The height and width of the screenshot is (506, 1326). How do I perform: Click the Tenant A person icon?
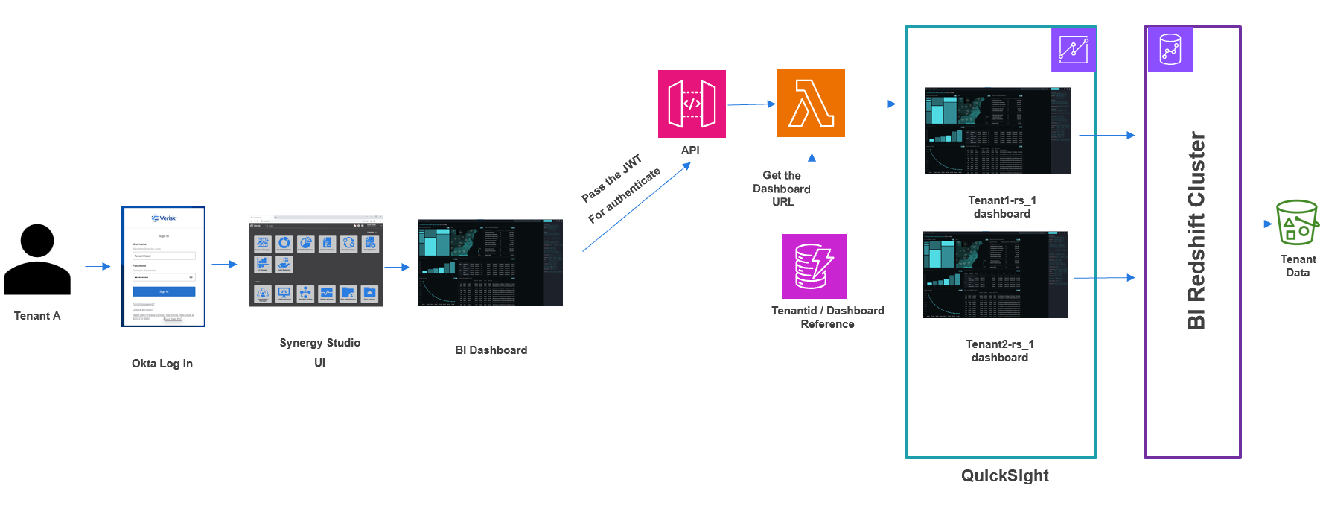click(37, 259)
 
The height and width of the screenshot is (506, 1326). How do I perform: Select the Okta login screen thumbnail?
click(163, 267)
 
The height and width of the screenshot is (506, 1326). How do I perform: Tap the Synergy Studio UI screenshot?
click(316, 261)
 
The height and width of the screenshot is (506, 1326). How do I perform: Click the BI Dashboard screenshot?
click(490, 262)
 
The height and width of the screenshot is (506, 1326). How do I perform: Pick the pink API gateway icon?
click(692, 104)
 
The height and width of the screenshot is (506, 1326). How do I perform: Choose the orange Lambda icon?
click(811, 103)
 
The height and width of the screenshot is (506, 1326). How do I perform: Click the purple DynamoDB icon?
click(815, 266)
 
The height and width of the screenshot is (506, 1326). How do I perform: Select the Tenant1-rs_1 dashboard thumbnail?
click(997, 130)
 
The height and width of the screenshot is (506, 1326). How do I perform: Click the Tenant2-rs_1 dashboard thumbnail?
click(995, 274)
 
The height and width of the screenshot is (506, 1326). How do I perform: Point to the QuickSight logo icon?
click(1073, 49)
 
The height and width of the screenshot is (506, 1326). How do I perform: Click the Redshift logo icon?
click(1170, 49)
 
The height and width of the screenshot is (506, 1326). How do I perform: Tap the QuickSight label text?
click(1004, 475)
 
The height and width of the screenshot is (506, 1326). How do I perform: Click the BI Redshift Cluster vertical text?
click(1196, 231)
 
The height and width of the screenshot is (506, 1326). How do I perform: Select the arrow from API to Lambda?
click(751, 104)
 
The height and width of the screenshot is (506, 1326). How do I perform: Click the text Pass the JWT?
click(611, 178)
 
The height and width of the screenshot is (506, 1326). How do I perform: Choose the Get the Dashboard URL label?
click(781, 189)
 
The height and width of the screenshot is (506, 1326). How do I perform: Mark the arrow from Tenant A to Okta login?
click(98, 266)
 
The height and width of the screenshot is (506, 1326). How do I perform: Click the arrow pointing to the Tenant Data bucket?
click(1259, 224)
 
